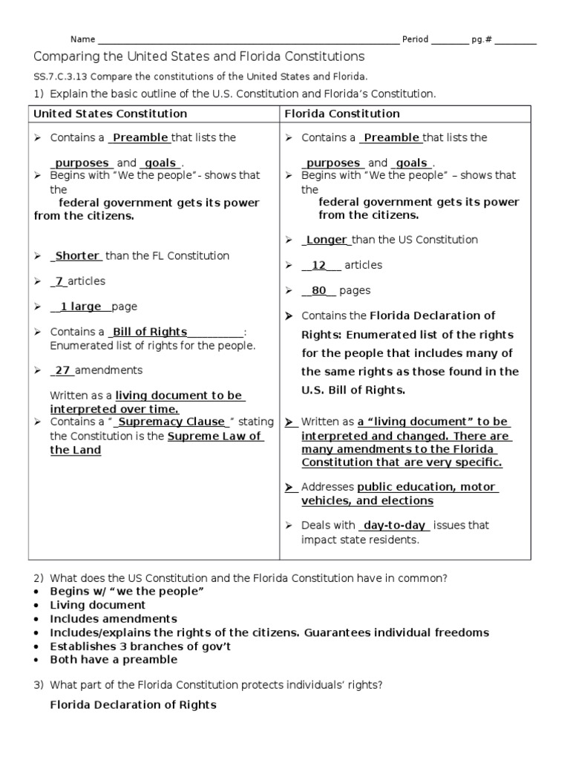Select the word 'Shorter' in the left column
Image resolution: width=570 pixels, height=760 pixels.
click(77, 256)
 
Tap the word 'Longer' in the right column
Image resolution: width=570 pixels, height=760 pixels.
click(327, 240)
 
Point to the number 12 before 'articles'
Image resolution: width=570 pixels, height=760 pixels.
click(319, 265)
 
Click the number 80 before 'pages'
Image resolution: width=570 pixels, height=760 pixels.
click(319, 291)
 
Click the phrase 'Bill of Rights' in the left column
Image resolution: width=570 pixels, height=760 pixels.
click(150, 332)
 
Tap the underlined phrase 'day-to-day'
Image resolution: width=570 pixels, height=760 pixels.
click(394, 525)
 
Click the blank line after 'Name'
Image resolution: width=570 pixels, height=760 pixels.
click(249, 40)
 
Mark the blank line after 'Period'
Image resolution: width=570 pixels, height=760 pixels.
click(449, 40)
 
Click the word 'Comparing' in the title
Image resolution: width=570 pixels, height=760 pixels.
click(62, 56)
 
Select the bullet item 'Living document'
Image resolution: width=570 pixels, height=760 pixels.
click(97, 605)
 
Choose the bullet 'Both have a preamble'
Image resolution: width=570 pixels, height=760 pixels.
click(108, 659)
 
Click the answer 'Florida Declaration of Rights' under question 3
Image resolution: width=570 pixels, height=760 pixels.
click(133, 704)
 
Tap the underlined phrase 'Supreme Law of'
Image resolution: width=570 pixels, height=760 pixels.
click(214, 436)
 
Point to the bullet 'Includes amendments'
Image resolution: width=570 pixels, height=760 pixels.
click(113, 618)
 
